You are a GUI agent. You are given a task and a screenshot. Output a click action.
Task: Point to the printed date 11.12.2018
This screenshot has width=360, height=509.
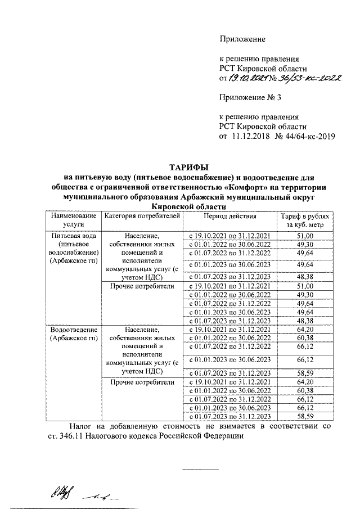250,136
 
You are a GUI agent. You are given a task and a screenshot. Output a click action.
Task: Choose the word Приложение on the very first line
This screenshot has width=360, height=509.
242,39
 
